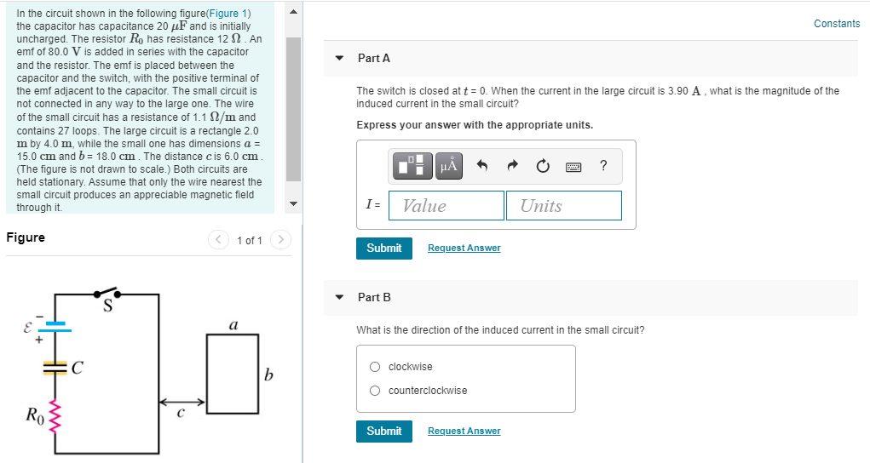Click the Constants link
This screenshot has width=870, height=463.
pos(836,24)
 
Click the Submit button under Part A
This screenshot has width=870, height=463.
pos(383,248)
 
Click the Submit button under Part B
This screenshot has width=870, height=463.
pos(383,432)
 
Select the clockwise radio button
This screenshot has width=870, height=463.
pos(375,367)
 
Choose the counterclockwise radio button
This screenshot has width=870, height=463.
pos(375,391)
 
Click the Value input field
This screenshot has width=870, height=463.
pos(446,206)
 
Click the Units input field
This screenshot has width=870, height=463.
pos(563,206)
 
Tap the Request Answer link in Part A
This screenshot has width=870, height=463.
pos(464,249)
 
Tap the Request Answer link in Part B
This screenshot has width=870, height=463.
pos(464,432)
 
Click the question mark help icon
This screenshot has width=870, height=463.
pos(603,166)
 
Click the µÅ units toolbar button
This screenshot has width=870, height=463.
pos(448,166)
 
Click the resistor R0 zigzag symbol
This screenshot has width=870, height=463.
pos(56,417)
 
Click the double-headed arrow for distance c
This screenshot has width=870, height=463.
pos(181,402)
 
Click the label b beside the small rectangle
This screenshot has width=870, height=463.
pos(269,374)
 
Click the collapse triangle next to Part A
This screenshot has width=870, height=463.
pos(340,59)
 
